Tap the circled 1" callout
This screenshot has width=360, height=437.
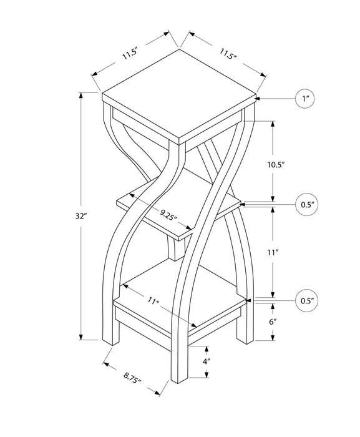(x=306, y=99)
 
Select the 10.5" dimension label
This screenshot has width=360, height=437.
(x=275, y=165)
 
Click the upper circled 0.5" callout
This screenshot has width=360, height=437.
(x=306, y=204)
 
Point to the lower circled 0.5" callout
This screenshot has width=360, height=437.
(x=306, y=301)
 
